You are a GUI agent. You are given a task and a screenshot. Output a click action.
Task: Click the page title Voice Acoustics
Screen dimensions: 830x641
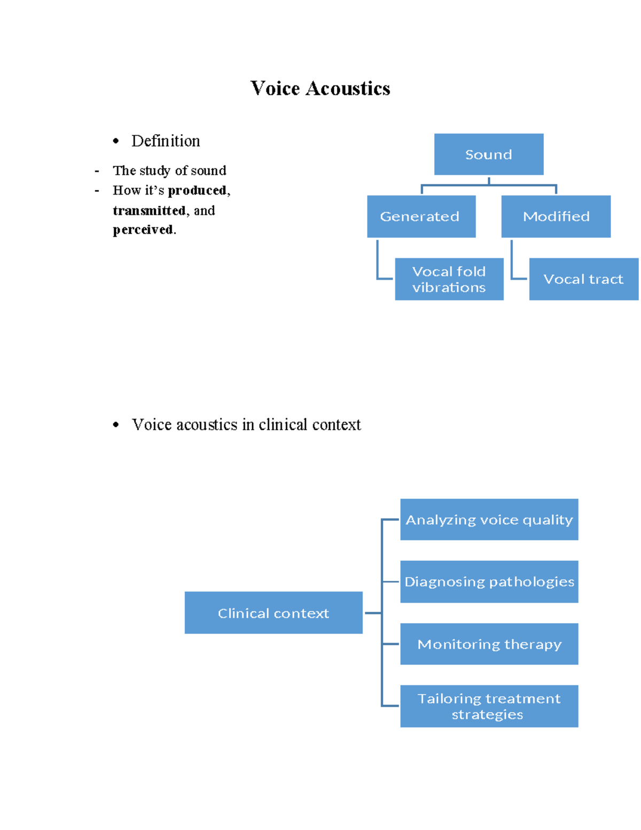[x=320, y=89]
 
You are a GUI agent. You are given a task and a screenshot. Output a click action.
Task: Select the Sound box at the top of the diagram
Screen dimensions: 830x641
[x=488, y=154]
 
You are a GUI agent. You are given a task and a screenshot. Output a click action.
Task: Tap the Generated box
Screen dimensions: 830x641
[x=421, y=216]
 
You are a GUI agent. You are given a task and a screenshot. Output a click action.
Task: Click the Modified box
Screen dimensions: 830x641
[x=556, y=216]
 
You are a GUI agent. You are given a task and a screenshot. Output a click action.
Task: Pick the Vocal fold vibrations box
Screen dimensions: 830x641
[x=449, y=279]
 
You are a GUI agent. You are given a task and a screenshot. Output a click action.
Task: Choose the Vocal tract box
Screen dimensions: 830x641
[x=583, y=279]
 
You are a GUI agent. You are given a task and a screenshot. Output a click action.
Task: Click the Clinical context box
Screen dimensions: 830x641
[x=273, y=613]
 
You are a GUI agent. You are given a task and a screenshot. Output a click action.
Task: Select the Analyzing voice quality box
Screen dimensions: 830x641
[x=489, y=519]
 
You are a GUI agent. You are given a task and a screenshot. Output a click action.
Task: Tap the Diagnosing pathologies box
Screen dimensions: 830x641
[x=489, y=581]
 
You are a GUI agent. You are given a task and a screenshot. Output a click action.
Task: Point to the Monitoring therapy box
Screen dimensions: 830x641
[x=489, y=644]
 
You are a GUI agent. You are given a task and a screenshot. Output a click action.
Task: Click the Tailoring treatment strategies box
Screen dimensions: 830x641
[x=489, y=706]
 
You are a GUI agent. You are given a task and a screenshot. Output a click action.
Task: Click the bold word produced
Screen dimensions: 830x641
[x=197, y=191]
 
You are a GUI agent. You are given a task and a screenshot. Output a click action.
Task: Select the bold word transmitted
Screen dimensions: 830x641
[x=149, y=211]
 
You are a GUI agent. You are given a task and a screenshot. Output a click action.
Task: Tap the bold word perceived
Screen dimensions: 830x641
[x=143, y=230]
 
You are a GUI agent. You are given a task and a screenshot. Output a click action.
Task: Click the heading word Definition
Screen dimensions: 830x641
[x=166, y=141]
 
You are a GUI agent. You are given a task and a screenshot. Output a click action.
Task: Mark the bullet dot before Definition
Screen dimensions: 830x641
[x=116, y=142]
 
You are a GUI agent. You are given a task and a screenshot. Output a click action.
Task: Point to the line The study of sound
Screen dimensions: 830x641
[x=169, y=170]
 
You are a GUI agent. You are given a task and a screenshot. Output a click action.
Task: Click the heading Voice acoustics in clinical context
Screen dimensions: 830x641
[x=246, y=425]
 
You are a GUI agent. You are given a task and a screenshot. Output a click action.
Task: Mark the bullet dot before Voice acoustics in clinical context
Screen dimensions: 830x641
[x=116, y=425]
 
